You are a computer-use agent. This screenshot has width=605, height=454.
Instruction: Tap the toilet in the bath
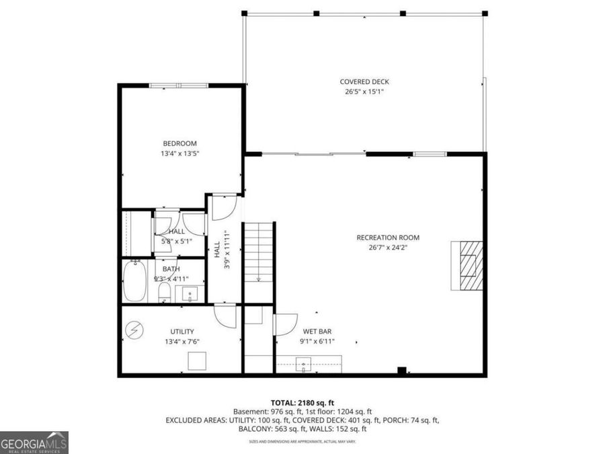pos(163,291)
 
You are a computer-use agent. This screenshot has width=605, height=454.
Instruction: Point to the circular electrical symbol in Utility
pos(134,330)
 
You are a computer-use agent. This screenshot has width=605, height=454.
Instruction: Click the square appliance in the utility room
pos(197,361)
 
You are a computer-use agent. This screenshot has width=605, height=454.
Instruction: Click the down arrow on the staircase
pos(259,276)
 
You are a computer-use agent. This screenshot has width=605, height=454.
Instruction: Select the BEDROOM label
pos(179,143)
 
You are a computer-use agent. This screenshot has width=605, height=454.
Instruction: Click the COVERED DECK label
pos(364,82)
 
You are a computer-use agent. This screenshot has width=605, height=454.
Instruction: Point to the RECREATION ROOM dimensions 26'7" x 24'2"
pos(388,248)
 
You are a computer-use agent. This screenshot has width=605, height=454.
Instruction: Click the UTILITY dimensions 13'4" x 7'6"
pos(182,342)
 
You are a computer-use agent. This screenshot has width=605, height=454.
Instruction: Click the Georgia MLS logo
pos(34,443)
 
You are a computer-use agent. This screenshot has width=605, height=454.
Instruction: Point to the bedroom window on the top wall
pos(178,85)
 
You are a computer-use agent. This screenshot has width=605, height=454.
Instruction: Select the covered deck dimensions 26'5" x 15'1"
pos(364,92)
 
